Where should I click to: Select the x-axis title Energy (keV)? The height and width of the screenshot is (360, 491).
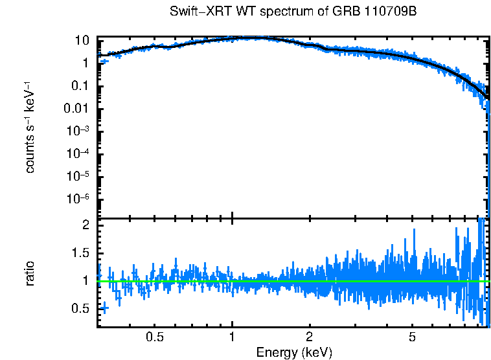coord(294,352)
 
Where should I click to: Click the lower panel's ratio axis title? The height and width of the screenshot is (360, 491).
coord(30,273)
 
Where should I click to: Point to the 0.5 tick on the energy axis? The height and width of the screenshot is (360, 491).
coord(155,337)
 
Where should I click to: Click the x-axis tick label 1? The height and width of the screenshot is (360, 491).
coord(232,337)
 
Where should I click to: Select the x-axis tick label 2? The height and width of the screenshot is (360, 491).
coord(310,337)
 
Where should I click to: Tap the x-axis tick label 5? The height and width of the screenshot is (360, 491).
coord(412,337)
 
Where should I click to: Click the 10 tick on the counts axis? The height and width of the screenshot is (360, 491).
coord(82,40)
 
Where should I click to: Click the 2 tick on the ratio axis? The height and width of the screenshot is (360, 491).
coord(85,225)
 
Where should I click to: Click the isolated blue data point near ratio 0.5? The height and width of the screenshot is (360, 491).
coord(104,308)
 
